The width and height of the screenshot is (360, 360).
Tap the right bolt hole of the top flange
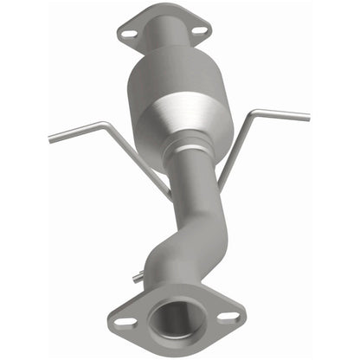click(198, 30)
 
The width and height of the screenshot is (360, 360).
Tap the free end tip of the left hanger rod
click(49, 138)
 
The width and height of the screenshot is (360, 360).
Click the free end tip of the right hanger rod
click(308, 114)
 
